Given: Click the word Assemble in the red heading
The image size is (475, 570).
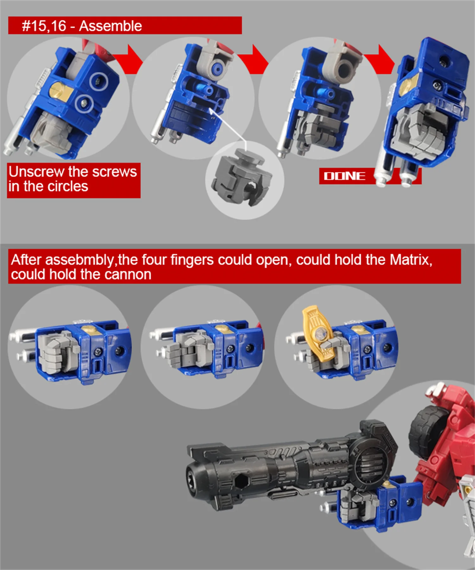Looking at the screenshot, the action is [110, 26].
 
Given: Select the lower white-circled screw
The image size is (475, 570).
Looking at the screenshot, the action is [84, 103].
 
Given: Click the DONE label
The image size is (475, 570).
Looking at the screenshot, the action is [345, 176].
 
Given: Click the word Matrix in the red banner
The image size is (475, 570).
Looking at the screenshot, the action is [411, 260].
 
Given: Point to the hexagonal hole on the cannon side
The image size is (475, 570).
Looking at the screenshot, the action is [242, 481].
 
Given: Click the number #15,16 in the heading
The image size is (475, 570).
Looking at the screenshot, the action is [44, 26].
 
